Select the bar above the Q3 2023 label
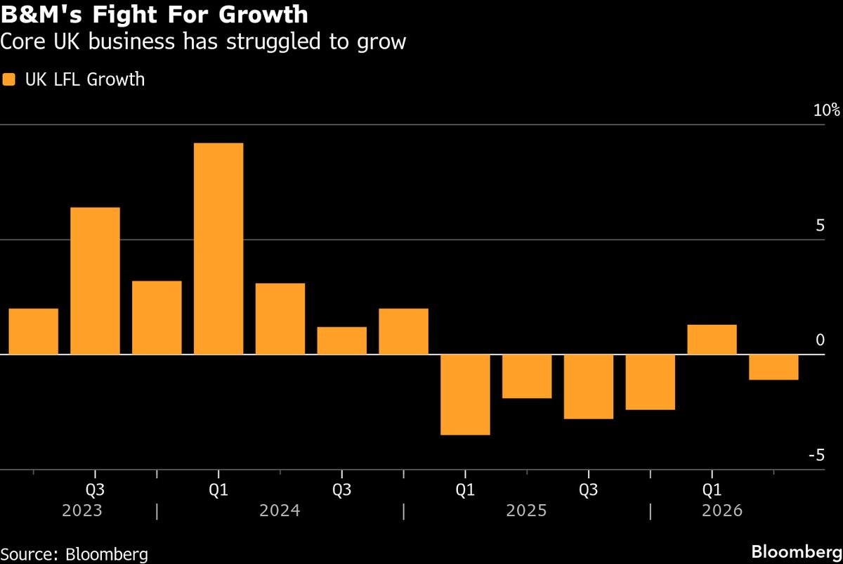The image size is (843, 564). pos(95,281)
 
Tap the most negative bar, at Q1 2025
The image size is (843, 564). pos(465,395)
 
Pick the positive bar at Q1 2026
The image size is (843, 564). pos(712,340)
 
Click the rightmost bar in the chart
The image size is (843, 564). pos(773,367)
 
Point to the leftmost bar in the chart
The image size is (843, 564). pos(34,331)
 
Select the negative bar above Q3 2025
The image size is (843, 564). pos(589,387)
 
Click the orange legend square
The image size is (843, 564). pos(9,79)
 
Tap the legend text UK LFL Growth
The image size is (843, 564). pos(84,79)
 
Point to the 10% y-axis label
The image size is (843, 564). pos(827,110)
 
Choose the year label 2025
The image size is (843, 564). pos(527,511)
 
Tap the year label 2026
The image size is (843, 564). pos(721,511)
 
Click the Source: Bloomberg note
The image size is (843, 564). pos(74,554)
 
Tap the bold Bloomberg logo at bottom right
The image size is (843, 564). pos(797,551)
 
